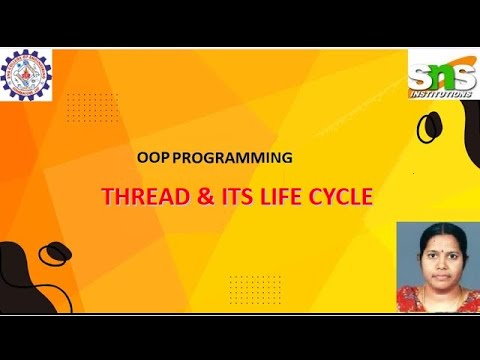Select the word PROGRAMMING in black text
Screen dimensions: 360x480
coord(231,158)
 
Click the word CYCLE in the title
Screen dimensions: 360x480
coord(343,197)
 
